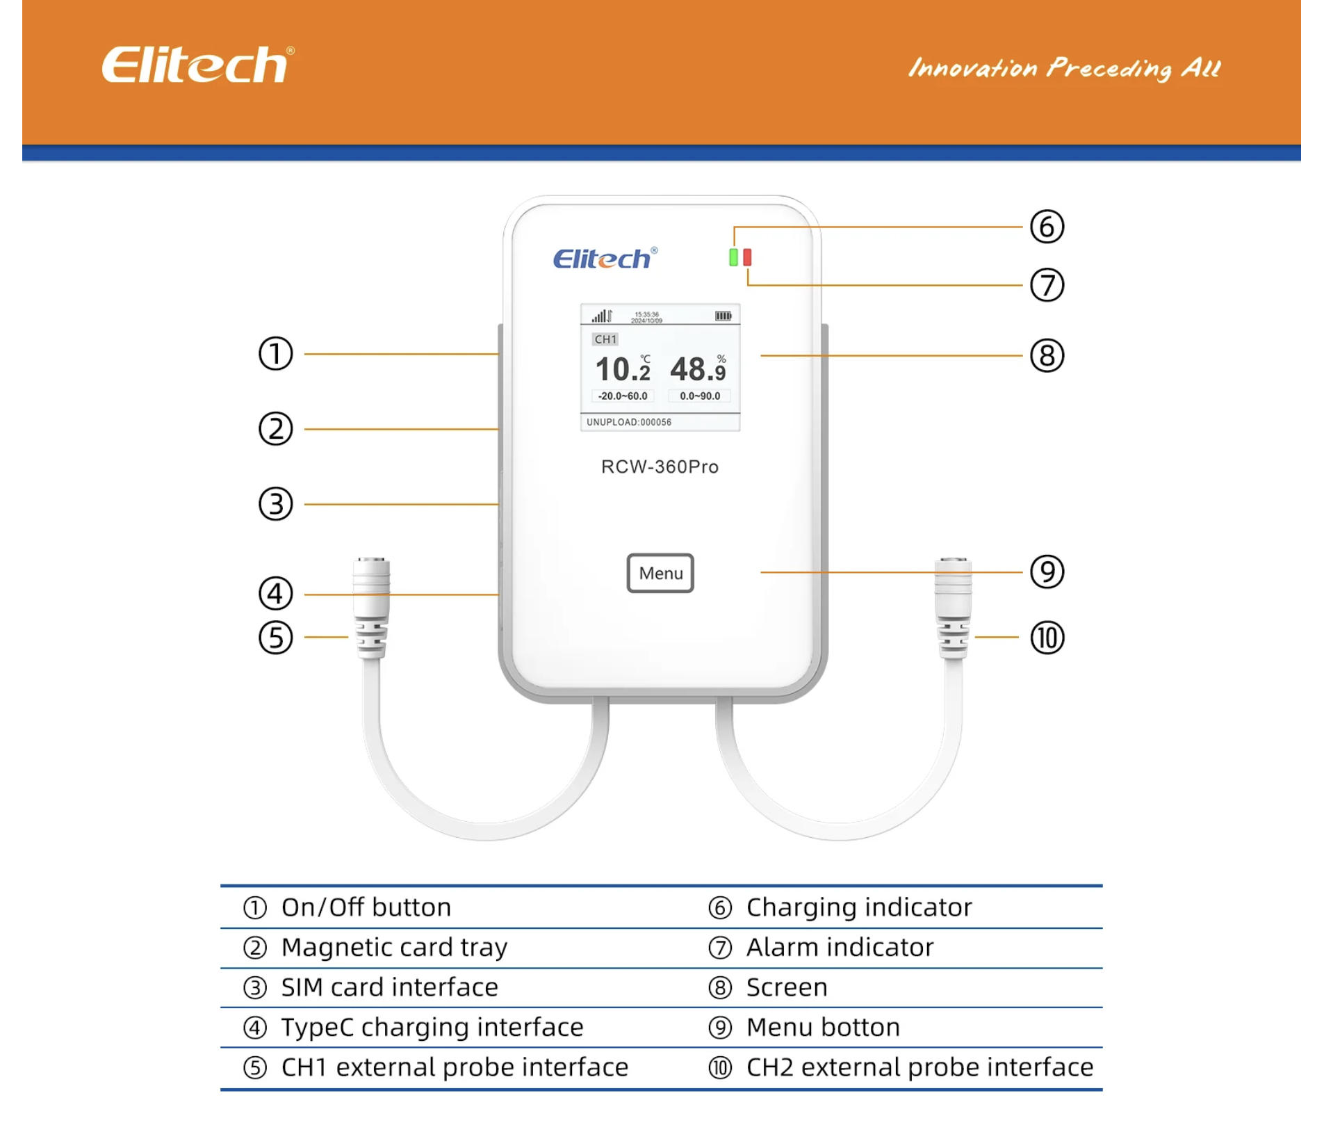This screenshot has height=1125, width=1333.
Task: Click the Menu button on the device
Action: (x=660, y=573)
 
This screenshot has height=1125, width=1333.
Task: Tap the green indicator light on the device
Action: (x=733, y=257)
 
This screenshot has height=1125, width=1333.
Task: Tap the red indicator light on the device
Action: (x=747, y=257)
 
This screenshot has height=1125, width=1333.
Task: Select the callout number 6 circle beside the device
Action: (x=1047, y=227)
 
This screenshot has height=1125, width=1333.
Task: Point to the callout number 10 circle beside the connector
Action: (x=1047, y=638)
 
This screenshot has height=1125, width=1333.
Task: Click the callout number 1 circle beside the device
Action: (x=276, y=354)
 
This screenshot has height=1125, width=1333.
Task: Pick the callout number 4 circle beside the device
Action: (x=276, y=594)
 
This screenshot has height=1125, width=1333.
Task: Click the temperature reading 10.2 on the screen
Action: (x=623, y=369)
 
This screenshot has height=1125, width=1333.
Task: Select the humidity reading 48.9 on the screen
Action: (x=698, y=369)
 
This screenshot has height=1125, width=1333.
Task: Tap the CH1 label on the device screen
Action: (x=605, y=339)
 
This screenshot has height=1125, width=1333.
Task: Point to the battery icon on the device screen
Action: (x=723, y=316)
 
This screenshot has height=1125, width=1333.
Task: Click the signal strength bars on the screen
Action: (x=601, y=316)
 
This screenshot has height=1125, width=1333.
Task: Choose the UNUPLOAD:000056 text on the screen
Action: (x=629, y=422)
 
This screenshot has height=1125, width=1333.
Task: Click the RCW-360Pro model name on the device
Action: (x=660, y=467)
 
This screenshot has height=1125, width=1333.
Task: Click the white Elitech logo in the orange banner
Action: (x=198, y=65)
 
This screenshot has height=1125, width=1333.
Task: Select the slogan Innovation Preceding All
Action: (x=1064, y=68)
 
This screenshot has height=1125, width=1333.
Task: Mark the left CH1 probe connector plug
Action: (x=372, y=608)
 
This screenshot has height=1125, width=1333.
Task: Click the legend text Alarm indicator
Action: (x=840, y=947)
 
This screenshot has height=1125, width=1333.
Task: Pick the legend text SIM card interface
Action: (x=389, y=987)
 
